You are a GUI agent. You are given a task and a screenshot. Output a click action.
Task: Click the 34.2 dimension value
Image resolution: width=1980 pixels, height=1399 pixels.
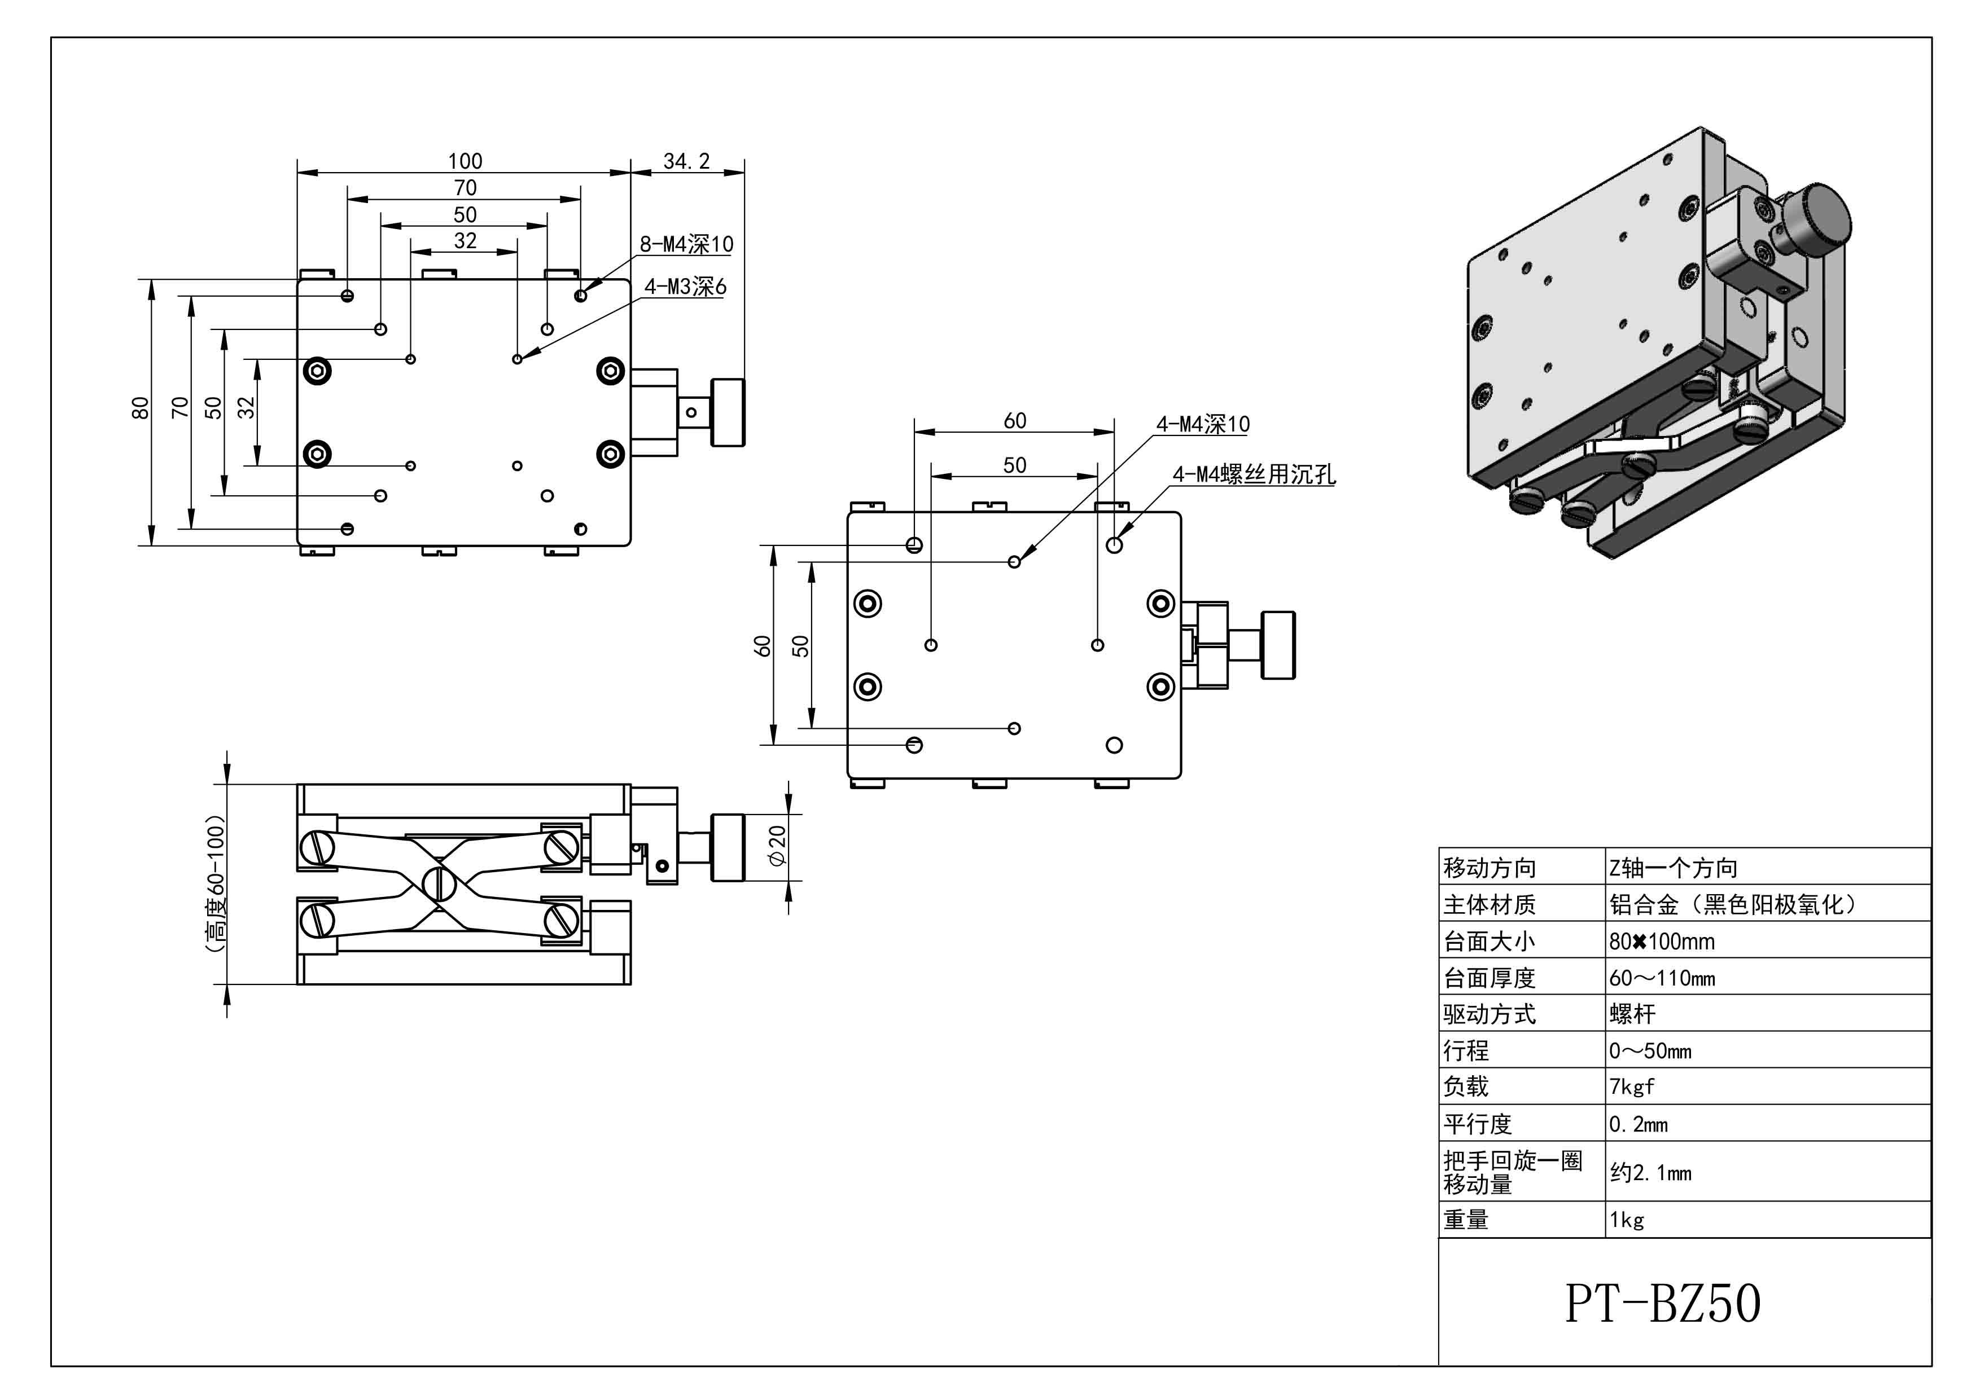(x=686, y=161)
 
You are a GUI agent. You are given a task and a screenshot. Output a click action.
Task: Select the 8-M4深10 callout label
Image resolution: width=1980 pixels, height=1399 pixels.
(x=686, y=245)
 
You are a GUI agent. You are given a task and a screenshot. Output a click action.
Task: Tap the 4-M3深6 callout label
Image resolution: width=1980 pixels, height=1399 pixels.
(x=686, y=287)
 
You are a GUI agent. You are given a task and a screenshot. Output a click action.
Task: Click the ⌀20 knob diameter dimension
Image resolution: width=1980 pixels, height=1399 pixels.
(x=777, y=847)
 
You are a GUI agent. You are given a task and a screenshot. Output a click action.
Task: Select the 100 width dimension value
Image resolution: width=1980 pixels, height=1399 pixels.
(x=465, y=161)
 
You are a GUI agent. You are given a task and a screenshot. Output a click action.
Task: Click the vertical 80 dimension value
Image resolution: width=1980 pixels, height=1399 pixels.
(x=141, y=408)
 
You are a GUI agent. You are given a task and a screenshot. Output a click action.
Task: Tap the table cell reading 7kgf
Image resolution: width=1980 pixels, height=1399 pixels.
(x=1632, y=1087)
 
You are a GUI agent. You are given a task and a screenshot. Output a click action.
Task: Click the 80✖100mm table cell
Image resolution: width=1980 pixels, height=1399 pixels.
(x=1662, y=942)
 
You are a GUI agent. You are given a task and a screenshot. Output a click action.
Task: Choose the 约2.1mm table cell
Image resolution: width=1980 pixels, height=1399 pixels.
(x=1650, y=1172)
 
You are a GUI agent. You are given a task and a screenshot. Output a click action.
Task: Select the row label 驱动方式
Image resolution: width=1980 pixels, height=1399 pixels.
(x=1490, y=1014)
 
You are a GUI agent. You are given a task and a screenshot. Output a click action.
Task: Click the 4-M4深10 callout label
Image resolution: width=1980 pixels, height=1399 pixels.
(x=1202, y=424)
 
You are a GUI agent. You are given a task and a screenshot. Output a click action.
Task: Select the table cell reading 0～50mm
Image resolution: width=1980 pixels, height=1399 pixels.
(x=1650, y=1052)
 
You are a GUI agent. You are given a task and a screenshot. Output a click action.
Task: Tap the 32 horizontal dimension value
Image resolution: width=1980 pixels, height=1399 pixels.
(x=465, y=240)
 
